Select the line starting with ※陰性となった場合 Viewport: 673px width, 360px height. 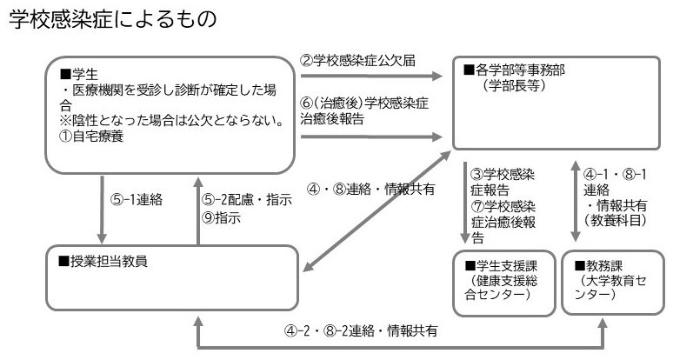coord(166,121)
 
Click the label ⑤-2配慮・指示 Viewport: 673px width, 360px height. coord(247,199)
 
